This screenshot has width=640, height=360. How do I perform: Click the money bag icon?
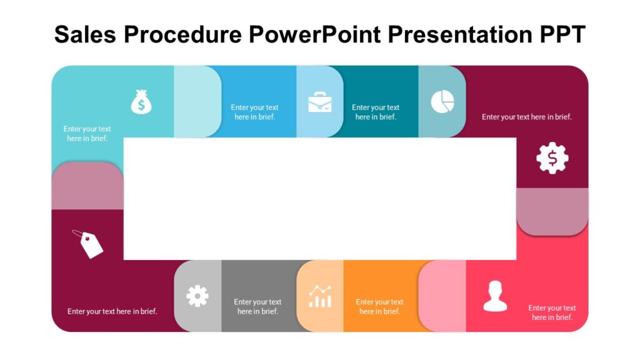(x=141, y=102)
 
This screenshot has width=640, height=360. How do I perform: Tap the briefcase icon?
(x=320, y=102)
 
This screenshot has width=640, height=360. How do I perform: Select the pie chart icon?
(x=442, y=102)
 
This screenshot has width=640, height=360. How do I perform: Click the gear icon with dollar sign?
(x=552, y=158)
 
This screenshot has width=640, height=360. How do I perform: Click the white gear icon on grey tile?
(x=197, y=296)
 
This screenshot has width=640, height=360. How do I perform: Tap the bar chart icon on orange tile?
(x=320, y=296)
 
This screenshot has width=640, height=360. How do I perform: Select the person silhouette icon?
(x=495, y=296)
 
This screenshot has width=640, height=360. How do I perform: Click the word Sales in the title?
(x=86, y=34)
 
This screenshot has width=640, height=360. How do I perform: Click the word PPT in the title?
(x=561, y=34)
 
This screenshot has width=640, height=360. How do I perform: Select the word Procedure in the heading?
(x=184, y=36)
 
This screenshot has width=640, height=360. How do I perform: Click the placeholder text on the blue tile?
(x=254, y=112)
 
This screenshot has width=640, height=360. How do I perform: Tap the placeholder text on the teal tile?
(x=376, y=112)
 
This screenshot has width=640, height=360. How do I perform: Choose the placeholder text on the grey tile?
(x=257, y=306)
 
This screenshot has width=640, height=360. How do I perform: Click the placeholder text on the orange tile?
(x=379, y=306)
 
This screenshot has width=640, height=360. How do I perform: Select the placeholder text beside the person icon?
(x=552, y=312)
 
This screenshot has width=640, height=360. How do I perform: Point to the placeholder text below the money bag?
(x=87, y=134)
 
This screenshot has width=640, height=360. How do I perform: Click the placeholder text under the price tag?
(x=112, y=311)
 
